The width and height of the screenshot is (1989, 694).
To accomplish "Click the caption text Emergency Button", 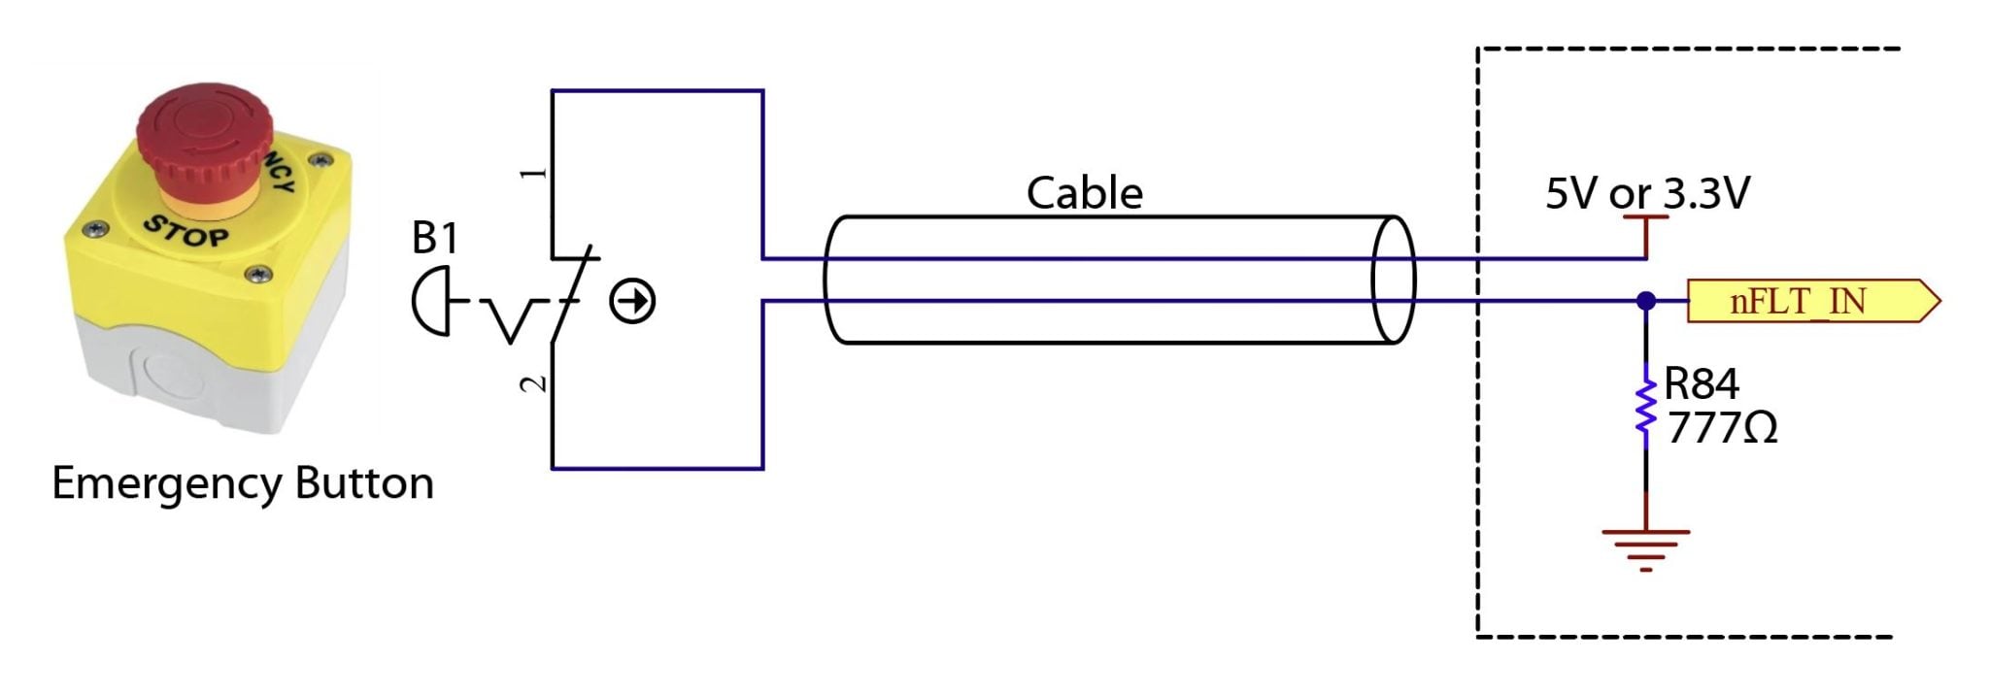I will tap(242, 483).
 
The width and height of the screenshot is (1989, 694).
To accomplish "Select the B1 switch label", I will tap(434, 238).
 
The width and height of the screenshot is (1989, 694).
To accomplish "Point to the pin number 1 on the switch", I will tap(532, 174).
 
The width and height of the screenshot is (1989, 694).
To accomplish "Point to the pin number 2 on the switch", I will tap(532, 384).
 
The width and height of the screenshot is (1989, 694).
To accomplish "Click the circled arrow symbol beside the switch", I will tap(632, 301).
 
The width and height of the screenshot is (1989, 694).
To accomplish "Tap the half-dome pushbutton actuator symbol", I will tap(430, 302).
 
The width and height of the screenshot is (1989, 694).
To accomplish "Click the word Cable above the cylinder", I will tap(1084, 193).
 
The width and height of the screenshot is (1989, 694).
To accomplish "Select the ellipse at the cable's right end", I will tap(1393, 280).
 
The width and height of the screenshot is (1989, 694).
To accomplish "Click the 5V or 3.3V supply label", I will tap(1647, 193).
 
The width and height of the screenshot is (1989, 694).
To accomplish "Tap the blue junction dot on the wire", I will tap(1645, 301).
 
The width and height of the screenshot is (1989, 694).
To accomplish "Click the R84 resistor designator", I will tap(1701, 384).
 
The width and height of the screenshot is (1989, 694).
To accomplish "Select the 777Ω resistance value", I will tap(1722, 428).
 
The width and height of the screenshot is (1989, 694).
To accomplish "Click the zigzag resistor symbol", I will tap(1645, 406).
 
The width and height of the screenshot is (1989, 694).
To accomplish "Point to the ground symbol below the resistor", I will tap(1645, 547).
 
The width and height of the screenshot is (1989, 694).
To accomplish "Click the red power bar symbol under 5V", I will tap(1645, 219).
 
